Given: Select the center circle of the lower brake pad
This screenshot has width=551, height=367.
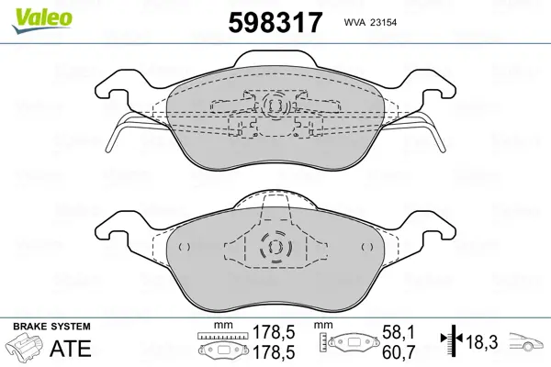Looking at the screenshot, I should pyautogui.click(x=275, y=247).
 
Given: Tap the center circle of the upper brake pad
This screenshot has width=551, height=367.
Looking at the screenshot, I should pyautogui.click(x=275, y=106).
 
